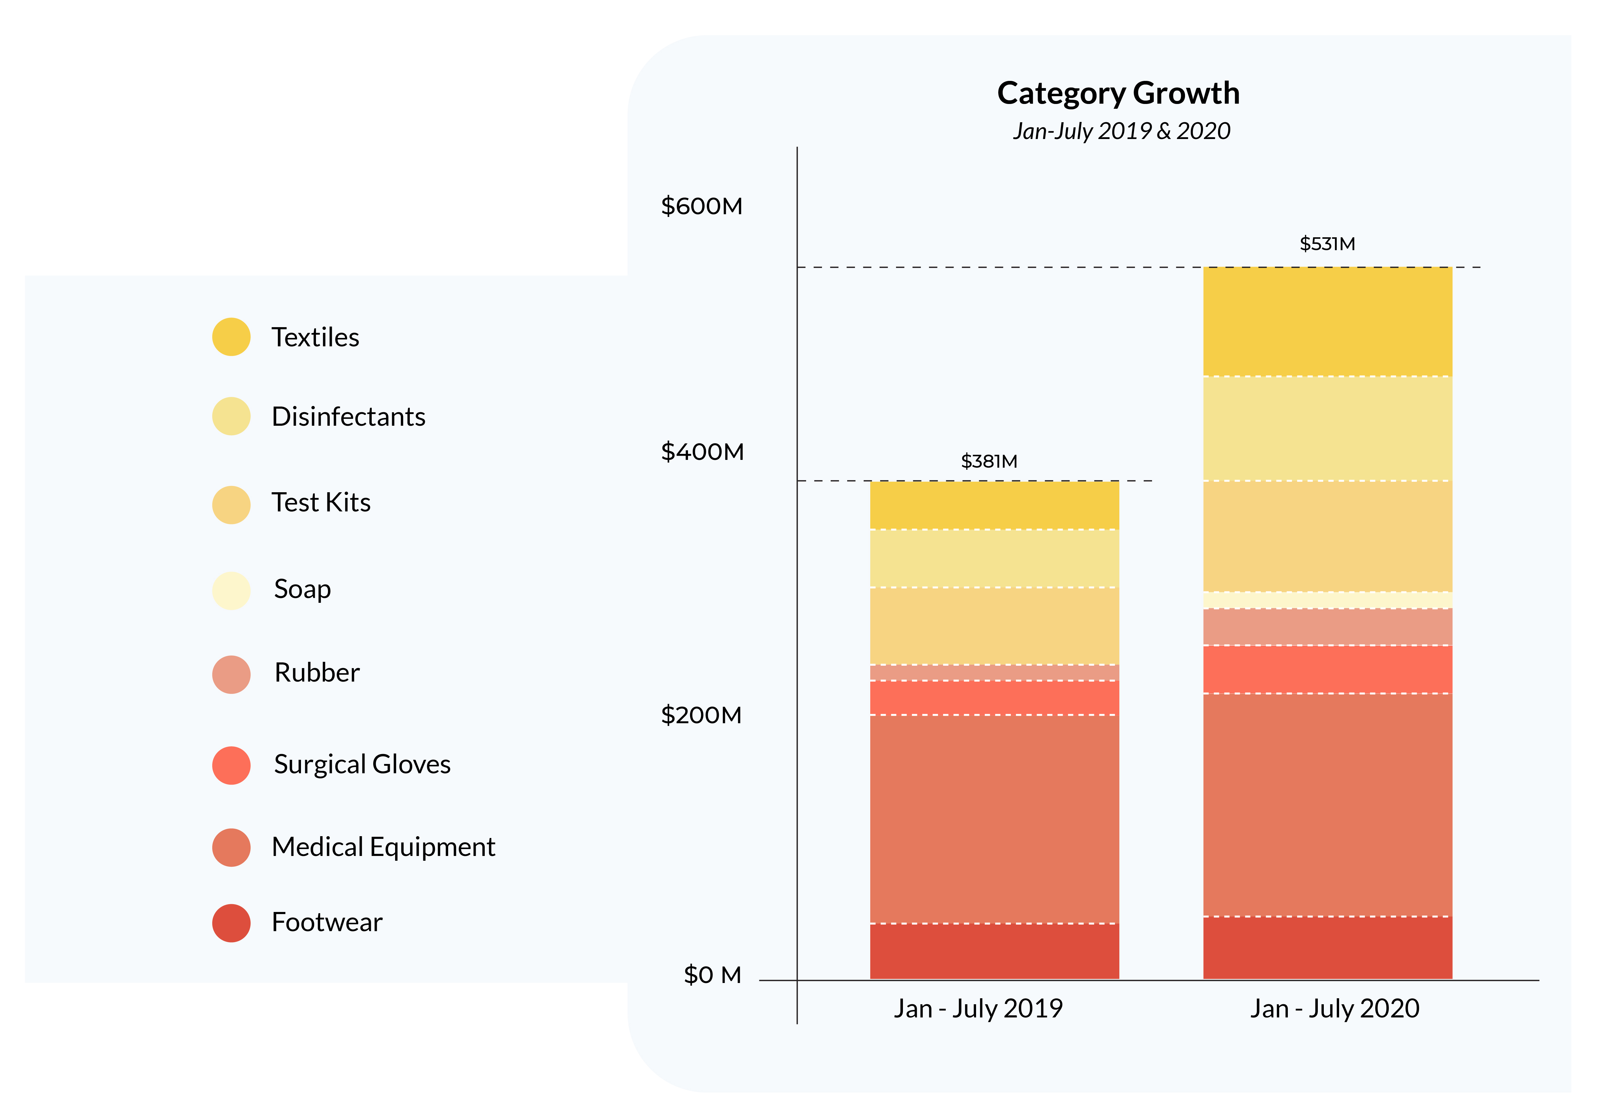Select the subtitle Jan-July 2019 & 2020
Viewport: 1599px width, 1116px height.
click(1121, 131)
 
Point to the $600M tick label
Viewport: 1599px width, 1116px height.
click(701, 206)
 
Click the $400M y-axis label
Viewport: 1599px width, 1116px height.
click(702, 452)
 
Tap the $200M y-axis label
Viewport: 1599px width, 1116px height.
click(701, 715)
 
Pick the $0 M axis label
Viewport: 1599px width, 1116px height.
click(712, 975)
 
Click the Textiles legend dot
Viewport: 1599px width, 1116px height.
click(231, 337)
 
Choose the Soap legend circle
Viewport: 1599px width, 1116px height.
click(231, 591)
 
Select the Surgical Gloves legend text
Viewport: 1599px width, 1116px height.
click(362, 764)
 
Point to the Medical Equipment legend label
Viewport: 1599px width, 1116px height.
click(383, 847)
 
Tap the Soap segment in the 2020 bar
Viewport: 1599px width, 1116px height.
click(1327, 600)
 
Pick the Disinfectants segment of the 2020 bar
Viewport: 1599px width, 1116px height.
click(1327, 428)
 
